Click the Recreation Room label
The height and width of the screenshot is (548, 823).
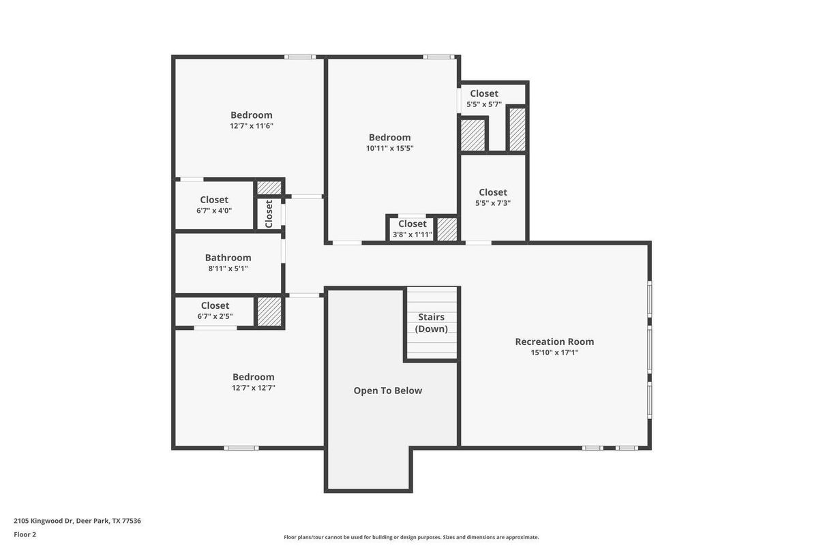pyautogui.click(x=554, y=341)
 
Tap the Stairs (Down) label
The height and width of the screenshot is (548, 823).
pyautogui.click(x=431, y=322)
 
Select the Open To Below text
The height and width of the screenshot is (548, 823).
pyautogui.click(x=387, y=391)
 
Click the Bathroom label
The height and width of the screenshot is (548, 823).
pyautogui.click(x=228, y=258)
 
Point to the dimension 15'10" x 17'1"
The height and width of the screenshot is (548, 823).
pyautogui.click(x=554, y=353)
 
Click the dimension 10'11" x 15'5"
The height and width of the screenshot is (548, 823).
pyautogui.click(x=389, y=149)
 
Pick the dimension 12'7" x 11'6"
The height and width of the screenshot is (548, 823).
pyautogui.click(x=251, y=126)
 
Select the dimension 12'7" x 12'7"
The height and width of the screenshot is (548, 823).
pyautogui.click(x=253, y=388)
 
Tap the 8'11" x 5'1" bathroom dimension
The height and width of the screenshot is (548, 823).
pyautogui.click(x=228, y=269)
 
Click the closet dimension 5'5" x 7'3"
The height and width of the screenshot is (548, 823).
pyautogui.click(x=492, y=203)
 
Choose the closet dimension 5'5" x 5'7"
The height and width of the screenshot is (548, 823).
pyautogui.click(x=483, y=104)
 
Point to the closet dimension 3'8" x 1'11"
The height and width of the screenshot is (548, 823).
pyautogui.click(x=412, y=234)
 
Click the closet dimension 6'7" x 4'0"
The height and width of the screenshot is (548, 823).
pyautogui.click(x=214, y=211)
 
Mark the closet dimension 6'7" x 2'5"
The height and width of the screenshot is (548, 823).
pyautogui.click(x=215, y=316)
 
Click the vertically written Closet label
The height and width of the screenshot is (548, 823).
pyautogui.click(x=269, y=213)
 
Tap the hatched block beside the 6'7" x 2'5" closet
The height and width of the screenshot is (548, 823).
pyautogui.click(x=269, y=311)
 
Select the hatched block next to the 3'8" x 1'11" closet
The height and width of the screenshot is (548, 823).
pyautogui.click(x=447, y=229)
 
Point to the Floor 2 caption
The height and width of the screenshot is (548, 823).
pyautogui.click(x=25, y=534)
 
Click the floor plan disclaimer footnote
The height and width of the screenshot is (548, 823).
pyautogui.click(x=411, y=537)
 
